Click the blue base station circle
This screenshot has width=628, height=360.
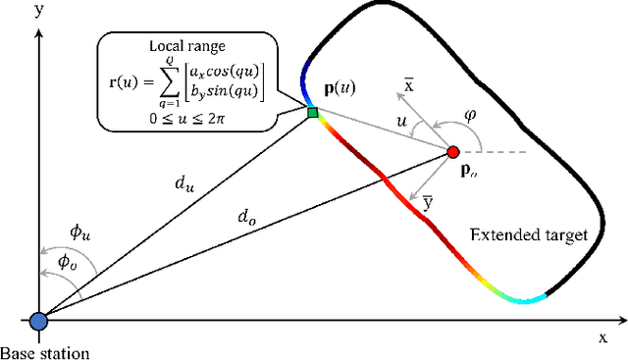[x=38, y=321]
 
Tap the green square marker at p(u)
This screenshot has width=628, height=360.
[x=313, y=114]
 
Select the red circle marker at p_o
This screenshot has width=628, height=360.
[x=452, y=152]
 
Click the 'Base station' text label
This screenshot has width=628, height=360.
[x=43, y=352]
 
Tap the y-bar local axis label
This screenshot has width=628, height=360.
[x=428, y=204]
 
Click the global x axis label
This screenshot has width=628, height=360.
[x=602, y=336]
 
